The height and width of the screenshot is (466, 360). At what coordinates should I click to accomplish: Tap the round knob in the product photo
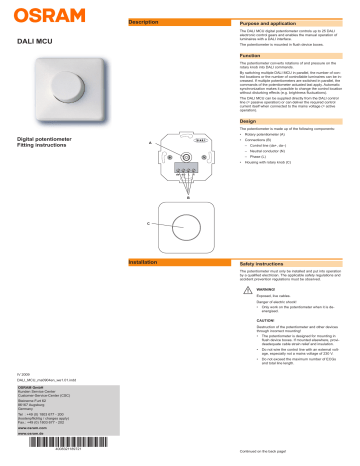74,110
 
